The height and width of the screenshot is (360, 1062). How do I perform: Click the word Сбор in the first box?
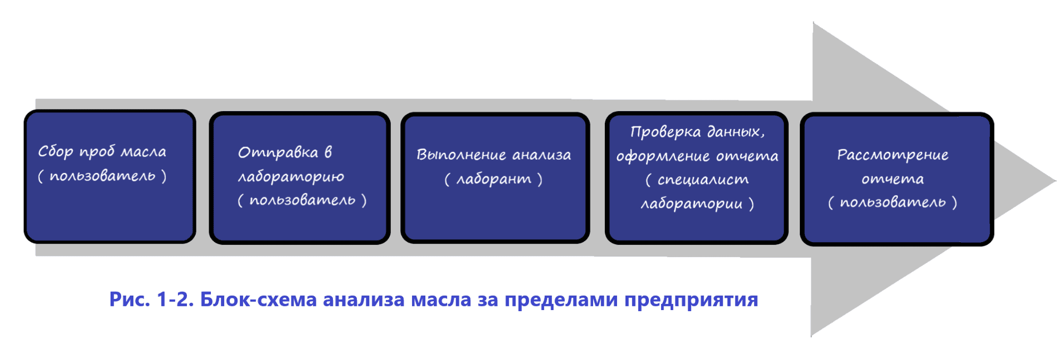(x=55, y=152)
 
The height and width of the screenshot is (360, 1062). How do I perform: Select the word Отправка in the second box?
(x=278, y=153)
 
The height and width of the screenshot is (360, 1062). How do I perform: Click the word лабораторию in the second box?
(x=291, y=177)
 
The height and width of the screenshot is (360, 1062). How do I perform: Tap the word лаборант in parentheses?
(x=494, y=179)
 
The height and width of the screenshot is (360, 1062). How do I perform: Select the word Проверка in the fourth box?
(x=665, y=132)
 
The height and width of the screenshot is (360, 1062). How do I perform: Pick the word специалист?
(x=703, y=180)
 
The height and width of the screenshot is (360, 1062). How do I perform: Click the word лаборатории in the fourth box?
(x=691, y=204)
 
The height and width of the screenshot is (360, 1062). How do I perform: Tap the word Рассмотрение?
(x=893, y=156)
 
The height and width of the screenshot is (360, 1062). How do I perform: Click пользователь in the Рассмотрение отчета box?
(x=893, y=203)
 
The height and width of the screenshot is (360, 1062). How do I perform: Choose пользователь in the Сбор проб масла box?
(x=102, y=176)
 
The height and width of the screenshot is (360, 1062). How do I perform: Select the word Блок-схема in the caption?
(x=258, y=300)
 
